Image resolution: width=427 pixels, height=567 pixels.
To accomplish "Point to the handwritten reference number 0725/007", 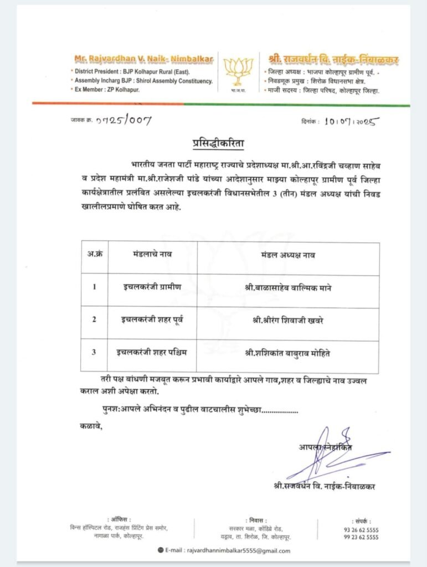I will [x=123, y=120].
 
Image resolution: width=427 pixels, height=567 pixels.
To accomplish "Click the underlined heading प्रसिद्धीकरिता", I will [x=213, y=144].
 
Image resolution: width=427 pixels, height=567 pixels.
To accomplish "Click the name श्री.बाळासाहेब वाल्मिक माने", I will [x=288, y=287].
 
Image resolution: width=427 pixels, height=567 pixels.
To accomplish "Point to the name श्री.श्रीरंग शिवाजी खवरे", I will [x=288, y=319].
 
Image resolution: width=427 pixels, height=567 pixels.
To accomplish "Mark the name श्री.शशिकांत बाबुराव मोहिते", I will [x=288, y=352].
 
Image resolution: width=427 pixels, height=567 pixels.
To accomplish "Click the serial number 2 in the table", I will [x=94, y=319].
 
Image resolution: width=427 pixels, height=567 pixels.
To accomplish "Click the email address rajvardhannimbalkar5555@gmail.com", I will [x=231, y=551].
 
